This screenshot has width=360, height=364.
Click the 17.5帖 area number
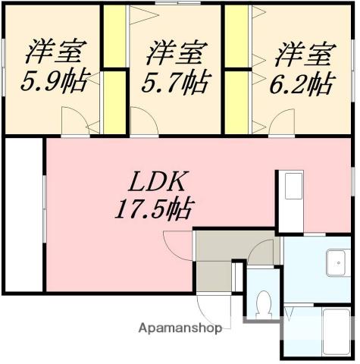[x=151, y=206]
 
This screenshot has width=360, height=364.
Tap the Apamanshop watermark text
[x=180, y=328]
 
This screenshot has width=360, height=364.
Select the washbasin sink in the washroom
[x=337, y=263]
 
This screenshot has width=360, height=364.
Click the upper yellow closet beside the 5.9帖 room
[x=114, y=36]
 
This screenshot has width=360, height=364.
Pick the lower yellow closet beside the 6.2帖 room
[x=235, y=100]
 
